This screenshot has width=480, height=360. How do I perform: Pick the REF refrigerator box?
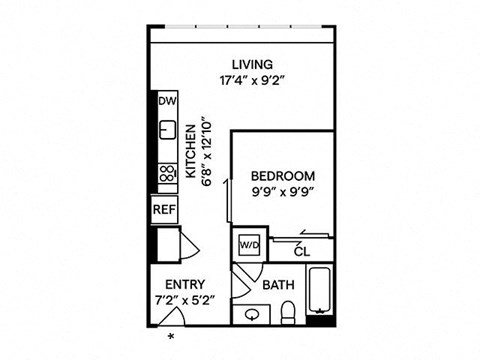tap(163, 210)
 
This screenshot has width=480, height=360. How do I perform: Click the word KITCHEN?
tap(191, 150)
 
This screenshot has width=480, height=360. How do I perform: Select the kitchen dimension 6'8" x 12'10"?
tap(207, 150)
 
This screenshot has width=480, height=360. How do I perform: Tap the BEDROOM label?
tap(282, 176)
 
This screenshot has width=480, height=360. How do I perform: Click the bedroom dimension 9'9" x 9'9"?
tap(282, 193)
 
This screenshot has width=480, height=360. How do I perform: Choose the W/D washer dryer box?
tap(247, 243)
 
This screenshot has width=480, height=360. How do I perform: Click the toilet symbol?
tap(287, 313)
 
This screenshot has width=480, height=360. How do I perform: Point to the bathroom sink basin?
tap(252, 314)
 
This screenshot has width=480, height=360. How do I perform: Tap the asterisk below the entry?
tap(171, 336)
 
